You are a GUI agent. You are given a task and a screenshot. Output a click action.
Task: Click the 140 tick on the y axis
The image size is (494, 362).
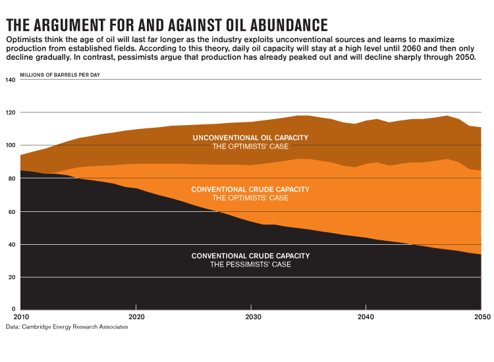pos(10,80)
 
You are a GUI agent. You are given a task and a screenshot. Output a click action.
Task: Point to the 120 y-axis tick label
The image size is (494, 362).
pos(10,113)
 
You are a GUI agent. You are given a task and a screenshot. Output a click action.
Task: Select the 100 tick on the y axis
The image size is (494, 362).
pos(10,145)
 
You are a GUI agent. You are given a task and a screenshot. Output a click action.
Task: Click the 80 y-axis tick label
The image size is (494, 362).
pos(11,178)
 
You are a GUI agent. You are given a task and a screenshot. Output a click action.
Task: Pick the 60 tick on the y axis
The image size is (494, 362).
pos(11,211)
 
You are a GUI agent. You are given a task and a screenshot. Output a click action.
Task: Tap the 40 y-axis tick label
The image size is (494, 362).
pos(11,244)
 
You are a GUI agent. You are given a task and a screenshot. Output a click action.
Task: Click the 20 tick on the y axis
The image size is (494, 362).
pos(11,277)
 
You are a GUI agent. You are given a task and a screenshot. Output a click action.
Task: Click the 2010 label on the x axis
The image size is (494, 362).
pos(14,317)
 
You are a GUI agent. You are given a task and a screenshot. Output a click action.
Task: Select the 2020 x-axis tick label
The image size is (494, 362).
pos(136,317)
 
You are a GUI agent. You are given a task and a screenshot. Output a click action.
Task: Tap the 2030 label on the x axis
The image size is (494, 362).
pos(251,317)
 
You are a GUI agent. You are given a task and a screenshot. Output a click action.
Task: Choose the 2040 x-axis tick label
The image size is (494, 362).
pos(366,317)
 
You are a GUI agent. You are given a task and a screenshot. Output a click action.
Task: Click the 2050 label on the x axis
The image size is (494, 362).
pos(481,317)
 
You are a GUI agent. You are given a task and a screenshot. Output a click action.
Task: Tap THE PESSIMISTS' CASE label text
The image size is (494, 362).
pos(250,265)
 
